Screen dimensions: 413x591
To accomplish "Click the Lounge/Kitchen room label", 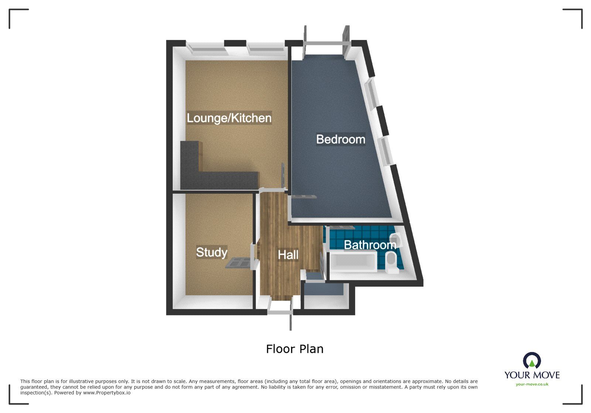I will (229, 118).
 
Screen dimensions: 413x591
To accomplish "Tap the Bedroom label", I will (340, 140).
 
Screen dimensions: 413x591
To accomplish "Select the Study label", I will (211, 252).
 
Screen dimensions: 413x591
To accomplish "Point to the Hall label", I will (288, 255).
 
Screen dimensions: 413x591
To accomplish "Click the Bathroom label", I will (370, 245).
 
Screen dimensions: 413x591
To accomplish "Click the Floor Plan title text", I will (294, 349).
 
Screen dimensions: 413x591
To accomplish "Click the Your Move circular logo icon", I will (532, 361).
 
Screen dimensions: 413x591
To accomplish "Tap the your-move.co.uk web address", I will (532, 385).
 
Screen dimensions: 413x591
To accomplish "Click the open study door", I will (238, 263).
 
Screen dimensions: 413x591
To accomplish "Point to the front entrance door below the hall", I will (280, 308).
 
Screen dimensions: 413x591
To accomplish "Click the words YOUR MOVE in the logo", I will (532, 375).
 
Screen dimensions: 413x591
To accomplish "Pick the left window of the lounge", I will (205, 48).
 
